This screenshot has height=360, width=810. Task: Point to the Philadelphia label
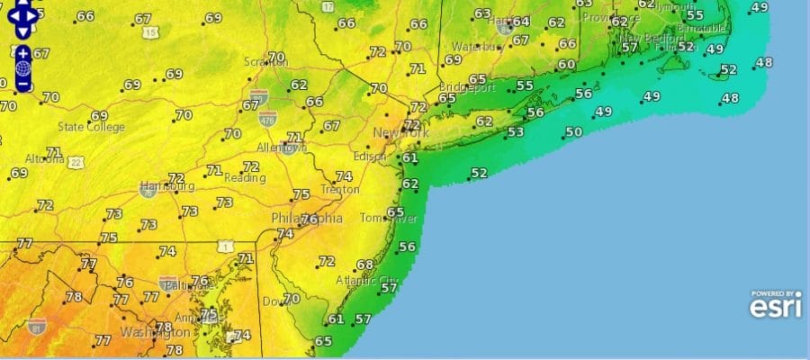point(307,219)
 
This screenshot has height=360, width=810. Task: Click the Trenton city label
point(340,191)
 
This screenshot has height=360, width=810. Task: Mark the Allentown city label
point(282,147)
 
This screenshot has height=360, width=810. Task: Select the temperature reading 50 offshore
point(573,132)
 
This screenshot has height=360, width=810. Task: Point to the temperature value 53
point(516,132)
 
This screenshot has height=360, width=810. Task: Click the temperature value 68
point(364,265)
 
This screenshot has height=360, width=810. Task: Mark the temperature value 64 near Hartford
point(520,22)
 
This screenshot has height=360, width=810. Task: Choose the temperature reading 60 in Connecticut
point(566,64)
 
